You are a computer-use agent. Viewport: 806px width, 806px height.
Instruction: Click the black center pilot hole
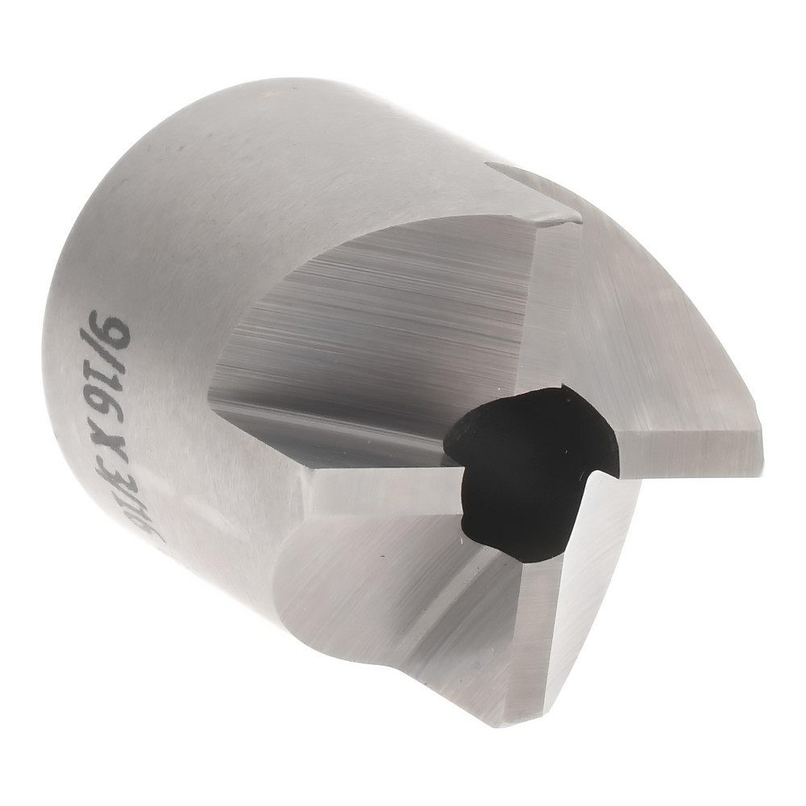pyautogui.click(x=524, y=467)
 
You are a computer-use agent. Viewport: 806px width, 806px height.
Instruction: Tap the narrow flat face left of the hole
pyautogui.click(x=379, y=484)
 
